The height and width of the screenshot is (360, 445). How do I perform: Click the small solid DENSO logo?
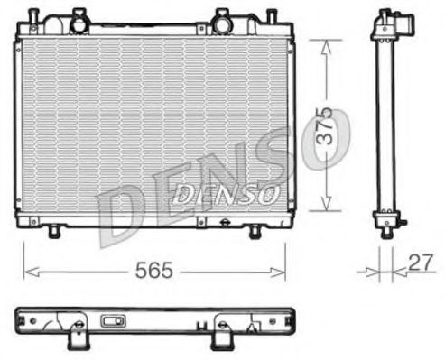point(226,191)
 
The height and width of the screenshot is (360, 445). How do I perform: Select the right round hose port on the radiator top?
point(222,17)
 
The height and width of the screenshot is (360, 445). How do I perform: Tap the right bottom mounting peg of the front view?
point(254,232)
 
